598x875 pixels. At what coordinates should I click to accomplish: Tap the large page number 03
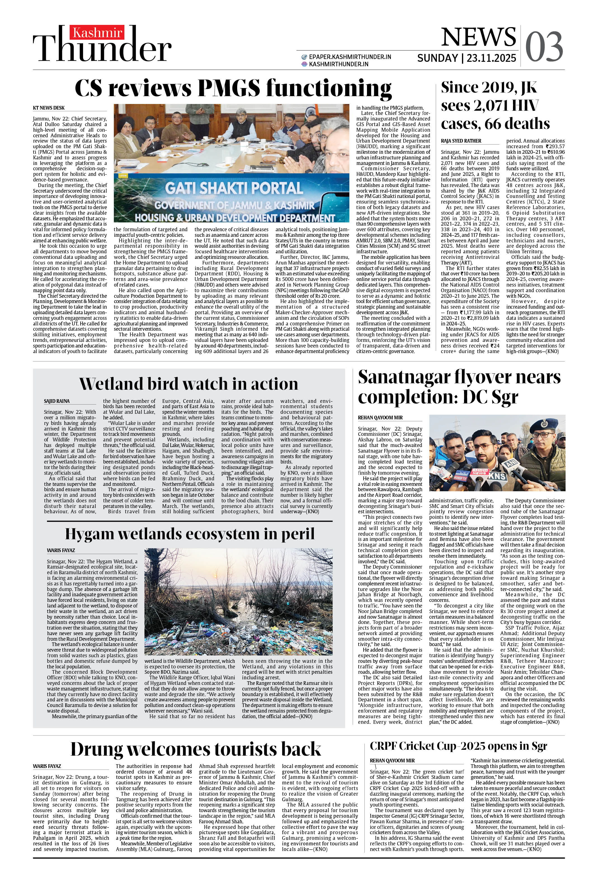(x=544, y=47)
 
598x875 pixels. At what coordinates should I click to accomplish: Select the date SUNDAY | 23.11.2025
(x=466, y=58)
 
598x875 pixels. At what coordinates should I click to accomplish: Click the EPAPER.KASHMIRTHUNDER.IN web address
(x=350, y=57)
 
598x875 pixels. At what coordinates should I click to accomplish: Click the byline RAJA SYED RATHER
(x=461, y=141)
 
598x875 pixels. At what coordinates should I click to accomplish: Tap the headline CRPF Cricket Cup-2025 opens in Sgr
(x=458, y=746)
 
